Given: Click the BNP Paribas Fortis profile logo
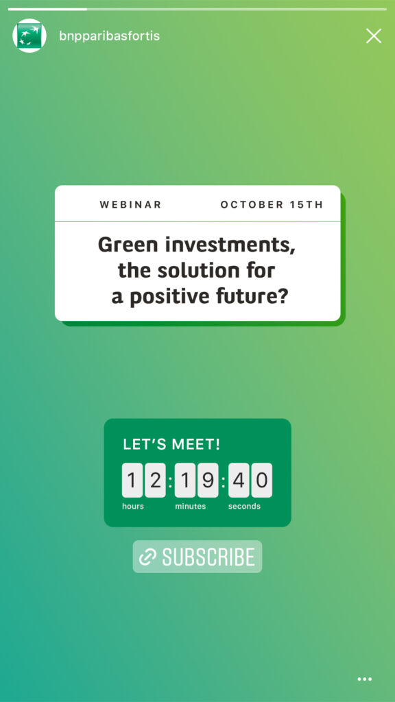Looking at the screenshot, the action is tap(29, 36).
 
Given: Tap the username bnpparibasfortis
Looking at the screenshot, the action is tap(109, 36).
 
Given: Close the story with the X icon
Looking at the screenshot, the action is tap(374, 36).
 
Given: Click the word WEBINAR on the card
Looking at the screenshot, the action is tap(130, 204).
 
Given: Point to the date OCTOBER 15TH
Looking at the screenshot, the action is tap(272, 204).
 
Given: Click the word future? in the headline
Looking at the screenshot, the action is tap(260, 296).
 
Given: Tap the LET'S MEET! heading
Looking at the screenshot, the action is tap(171, 444).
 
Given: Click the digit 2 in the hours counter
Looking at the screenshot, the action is tap(155, 481).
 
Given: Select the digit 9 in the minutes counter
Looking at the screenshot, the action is tap(208, 481).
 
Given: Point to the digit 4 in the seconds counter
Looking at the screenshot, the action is tap(239, 481).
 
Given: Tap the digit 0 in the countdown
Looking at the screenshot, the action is tap(261, 481).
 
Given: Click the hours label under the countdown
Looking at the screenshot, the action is tap(133, 507).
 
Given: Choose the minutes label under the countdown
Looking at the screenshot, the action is tap(191, 507).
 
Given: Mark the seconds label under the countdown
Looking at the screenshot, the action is tap(244, 507).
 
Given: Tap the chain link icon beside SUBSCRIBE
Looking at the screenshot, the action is tap(148, 557).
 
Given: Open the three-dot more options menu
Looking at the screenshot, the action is tap(365, 679).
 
